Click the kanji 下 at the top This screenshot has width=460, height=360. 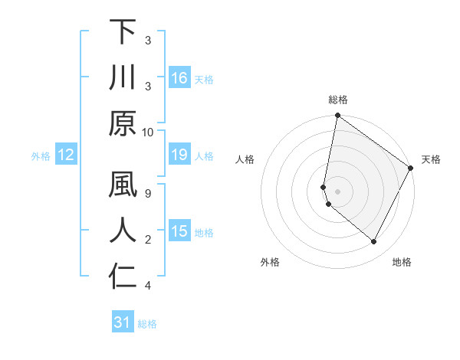click(x=123, y=32)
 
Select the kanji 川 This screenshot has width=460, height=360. click(x=123, y=78)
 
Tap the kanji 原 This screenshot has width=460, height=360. click(x=123, y=123)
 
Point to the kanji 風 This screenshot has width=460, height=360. click(x=123, y=185)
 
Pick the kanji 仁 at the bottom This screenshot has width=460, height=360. click(x=123, y=278)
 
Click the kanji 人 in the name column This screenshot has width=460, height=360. click(x=123, y=231)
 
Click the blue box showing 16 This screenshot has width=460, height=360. click(x=179, y=78)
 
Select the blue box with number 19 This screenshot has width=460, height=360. click(x=179, y=155)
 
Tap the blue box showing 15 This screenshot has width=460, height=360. click(x=179, y=232)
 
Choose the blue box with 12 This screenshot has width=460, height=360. click(x=65, y=155)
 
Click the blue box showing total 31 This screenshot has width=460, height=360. click(x=123, y=323)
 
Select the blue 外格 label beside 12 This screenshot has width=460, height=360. click(x=41, y=156)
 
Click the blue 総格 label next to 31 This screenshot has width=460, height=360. click(x=148, y=324)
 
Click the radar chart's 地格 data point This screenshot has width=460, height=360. click(x=374, y=242)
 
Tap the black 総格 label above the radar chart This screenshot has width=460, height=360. click(x=338, y=100)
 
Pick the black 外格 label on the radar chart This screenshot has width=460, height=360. click(x=270, y=262)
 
